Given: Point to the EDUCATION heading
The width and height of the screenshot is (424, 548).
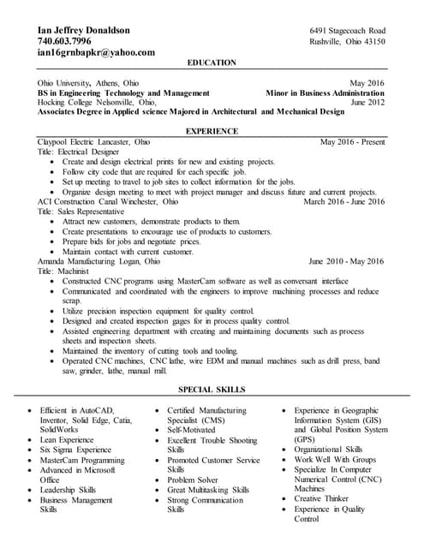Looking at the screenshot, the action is tap(212, 63).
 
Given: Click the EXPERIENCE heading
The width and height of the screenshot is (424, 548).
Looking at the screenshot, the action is tap(212, 130).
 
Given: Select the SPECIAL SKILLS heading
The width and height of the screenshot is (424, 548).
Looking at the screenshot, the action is tap(212, 390).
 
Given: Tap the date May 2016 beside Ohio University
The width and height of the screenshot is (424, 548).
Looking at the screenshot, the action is tap(367, 82).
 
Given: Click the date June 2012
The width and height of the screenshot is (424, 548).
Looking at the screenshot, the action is tap(367, 101).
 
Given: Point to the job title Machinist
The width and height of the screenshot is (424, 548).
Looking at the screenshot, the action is tap(79, 271).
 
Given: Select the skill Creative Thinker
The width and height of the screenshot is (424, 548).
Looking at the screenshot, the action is tap(321, 498).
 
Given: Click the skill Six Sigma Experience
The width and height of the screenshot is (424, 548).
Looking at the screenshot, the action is tap(75, 450).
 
